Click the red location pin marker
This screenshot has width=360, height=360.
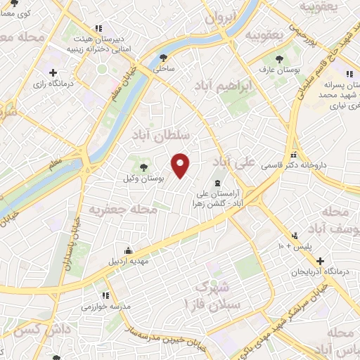pyautogui.click(x=181, y=165)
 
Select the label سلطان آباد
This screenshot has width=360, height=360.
pyautogui.click(x=160, y=138)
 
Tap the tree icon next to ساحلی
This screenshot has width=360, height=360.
pyautogui.click(x=164, y=58)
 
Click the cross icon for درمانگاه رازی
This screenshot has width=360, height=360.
pyautogui.click(x=53, y=72)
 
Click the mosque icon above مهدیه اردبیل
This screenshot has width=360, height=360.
pyautogui.click(x=128, y=250)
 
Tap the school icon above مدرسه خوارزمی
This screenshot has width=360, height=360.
pyautogui.click(x=105, y=295)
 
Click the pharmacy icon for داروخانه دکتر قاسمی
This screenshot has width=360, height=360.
pyautogui.click(x=294, y=155)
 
